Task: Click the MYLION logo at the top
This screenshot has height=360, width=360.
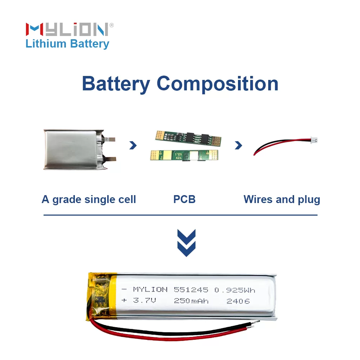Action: [67, 29]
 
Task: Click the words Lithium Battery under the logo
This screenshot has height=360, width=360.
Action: [67, 44]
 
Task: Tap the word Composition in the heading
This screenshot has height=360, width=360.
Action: [217, 84]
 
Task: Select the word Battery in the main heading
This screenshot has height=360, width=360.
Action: [116, 84]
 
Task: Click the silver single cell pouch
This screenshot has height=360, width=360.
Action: [74, 149]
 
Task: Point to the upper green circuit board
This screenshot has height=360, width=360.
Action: [188, 138]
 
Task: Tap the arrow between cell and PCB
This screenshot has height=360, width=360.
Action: [133, 145]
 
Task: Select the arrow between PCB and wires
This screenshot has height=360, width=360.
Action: [238, 145]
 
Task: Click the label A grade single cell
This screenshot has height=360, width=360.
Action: [89, 199]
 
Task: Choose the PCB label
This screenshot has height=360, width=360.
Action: [184, 199]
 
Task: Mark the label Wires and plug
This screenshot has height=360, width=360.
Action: [282, 199]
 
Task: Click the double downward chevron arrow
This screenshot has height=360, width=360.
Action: [186, 243]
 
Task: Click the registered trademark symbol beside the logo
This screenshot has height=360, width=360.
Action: [112, 25]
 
